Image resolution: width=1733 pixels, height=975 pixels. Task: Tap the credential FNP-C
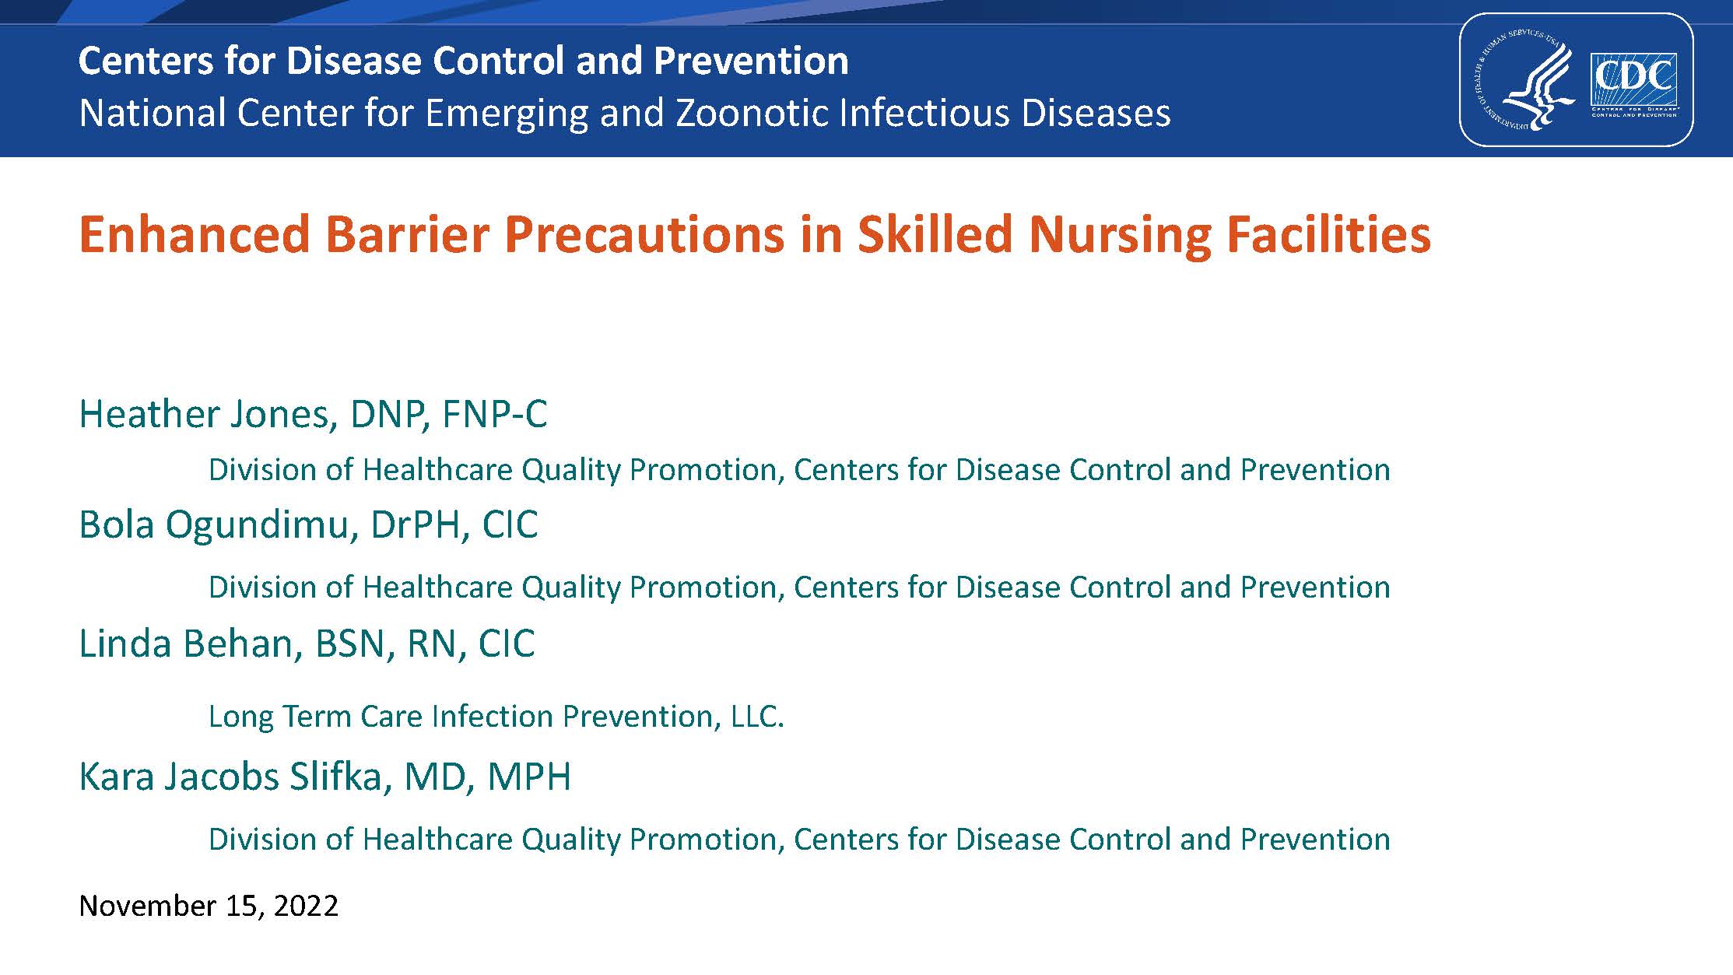tap(495, 414)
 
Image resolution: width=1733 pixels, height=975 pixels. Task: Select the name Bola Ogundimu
tap(218, 525)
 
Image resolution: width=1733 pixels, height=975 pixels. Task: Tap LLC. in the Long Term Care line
tap(757, 716)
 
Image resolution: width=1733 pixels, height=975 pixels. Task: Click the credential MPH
tap(529, 777)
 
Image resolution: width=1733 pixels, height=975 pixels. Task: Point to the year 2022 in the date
tap(306, 906)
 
